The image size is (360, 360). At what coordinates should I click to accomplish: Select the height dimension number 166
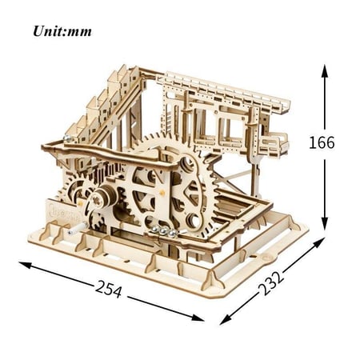click(322, 142)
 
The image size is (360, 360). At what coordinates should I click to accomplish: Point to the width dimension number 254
click(108, 289)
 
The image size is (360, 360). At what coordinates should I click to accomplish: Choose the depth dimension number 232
click(271, 283)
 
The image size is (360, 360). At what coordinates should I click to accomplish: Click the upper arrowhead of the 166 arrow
click(324, 70)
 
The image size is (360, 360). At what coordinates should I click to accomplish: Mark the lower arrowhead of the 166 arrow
click(324, 223)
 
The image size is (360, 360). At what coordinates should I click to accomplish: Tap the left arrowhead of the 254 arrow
click(25, 265)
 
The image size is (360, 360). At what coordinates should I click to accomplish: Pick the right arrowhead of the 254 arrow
click(198, 318)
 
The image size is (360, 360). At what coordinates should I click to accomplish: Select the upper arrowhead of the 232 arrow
click(318, 242)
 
